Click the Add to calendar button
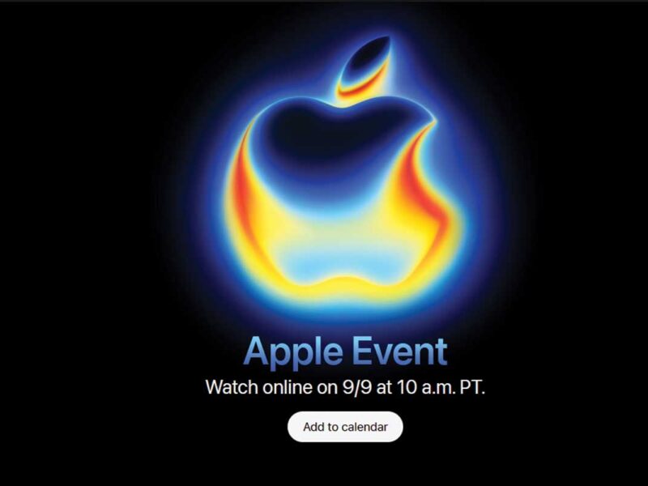pyautogui.click(x=345, y=427)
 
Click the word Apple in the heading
pyautogui.click(x=293, y=352)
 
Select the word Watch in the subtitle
pyautogui.click(x=232, y=387)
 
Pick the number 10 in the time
pyautogui.click(x=407, y=387)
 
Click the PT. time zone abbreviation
pyautogui.click(x=473, y=387)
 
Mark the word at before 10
pyautogui.click(x=384, y=388)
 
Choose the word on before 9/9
pyautogui.click(x=327, y=389)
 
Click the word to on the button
pyautogui.click(x=332, y=428)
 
